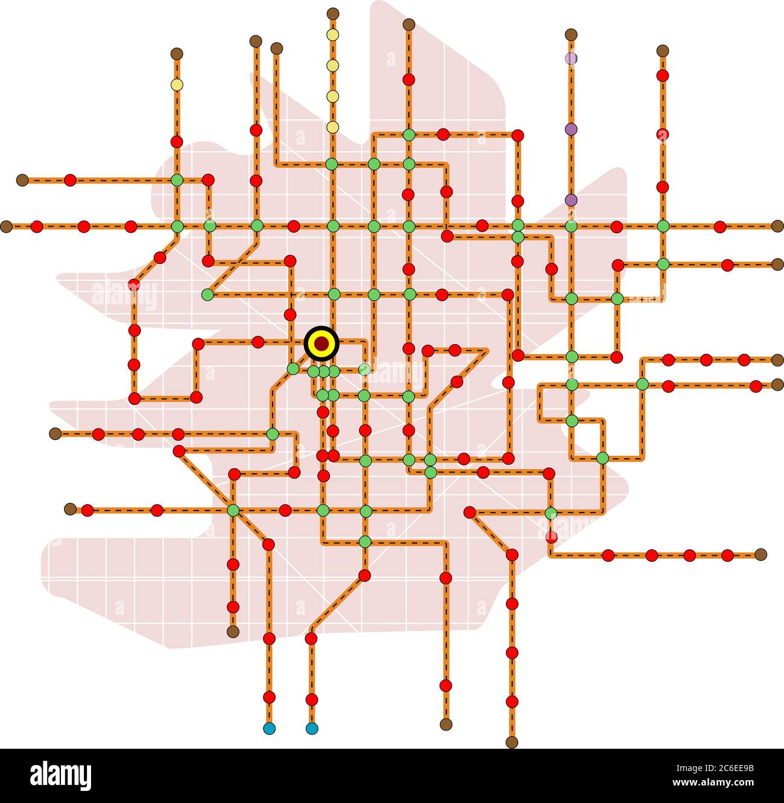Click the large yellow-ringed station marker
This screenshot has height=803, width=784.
322,344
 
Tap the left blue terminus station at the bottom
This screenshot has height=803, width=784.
270,728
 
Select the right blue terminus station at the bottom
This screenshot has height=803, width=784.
312,728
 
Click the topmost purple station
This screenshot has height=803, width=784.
571,58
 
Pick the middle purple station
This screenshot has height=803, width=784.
571,129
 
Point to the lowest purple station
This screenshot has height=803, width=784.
571,200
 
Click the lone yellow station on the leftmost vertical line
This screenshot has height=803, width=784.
177,84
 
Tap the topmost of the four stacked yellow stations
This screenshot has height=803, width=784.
332,34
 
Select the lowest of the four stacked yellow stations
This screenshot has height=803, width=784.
332,127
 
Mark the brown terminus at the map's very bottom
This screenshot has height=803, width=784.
512,742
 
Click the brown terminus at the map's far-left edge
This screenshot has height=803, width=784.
6,227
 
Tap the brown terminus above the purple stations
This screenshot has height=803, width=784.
571,34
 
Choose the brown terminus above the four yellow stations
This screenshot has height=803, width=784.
333,13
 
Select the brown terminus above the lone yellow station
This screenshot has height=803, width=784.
177,54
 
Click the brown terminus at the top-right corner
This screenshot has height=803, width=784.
663,51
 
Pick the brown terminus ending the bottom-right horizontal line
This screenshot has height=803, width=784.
760,554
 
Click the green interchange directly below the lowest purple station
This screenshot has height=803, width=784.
571,227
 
